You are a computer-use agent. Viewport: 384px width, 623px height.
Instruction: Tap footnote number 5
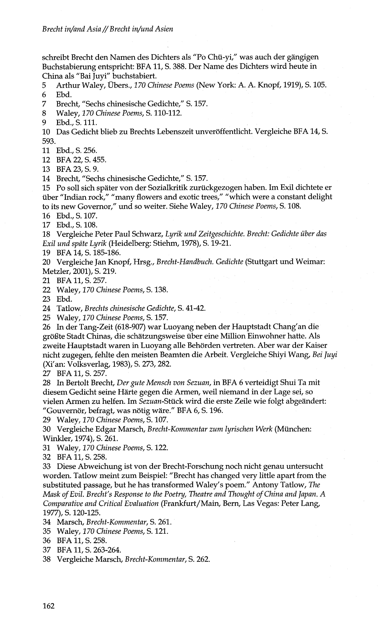[44, 85]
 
